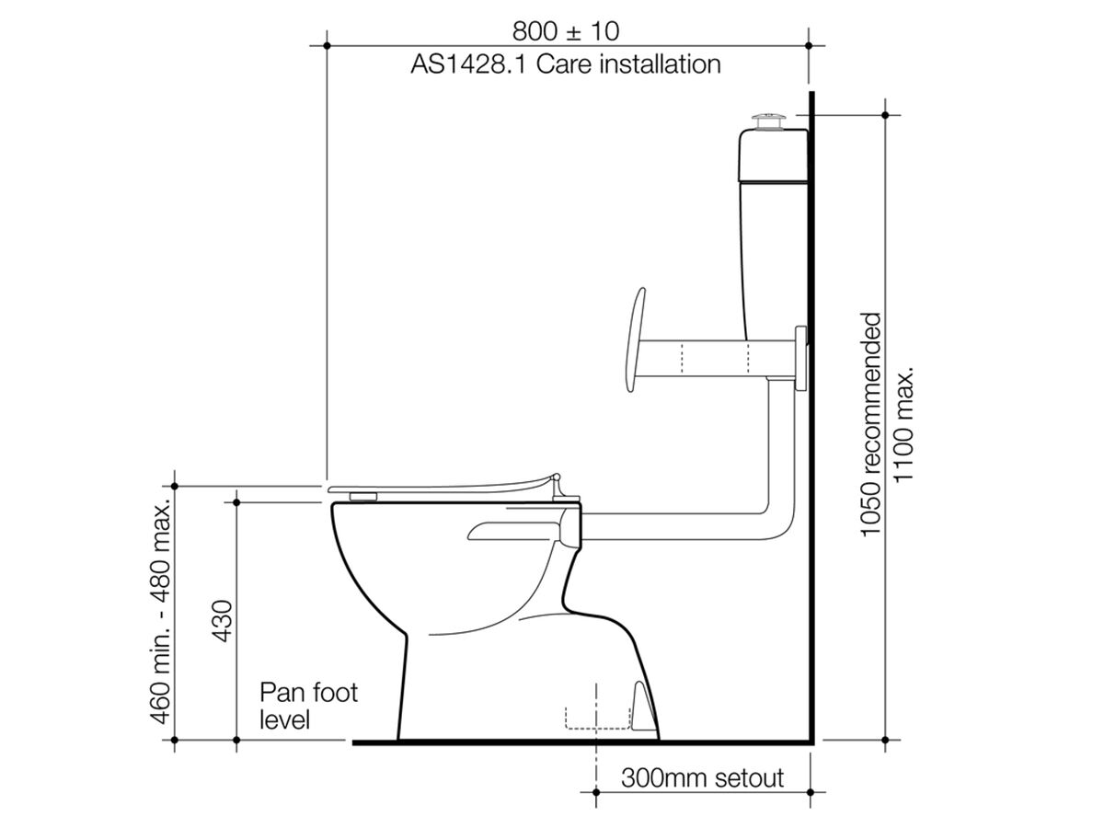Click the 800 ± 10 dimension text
[566, 31]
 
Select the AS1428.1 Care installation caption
[566, 64]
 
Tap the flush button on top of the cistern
[768, 121]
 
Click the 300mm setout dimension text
[703, 778]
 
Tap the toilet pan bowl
[460, 589]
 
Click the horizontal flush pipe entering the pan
[672, 531]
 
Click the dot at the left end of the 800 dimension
[327, 44]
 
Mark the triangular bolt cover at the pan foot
[642, 704]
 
